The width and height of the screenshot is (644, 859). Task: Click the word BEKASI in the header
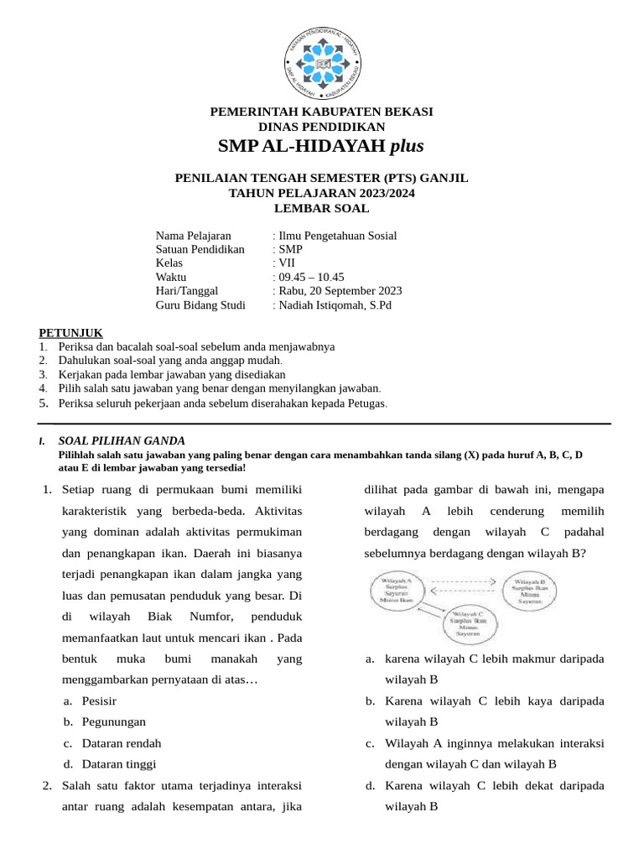point(405,112)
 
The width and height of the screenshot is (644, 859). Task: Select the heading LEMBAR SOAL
point(321,207)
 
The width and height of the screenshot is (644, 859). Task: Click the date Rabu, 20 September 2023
point(339,291)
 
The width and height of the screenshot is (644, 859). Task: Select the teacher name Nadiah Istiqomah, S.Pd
point(334,305)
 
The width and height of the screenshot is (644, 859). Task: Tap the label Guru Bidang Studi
point(201,305)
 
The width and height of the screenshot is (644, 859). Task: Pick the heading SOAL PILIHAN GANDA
point(122,441)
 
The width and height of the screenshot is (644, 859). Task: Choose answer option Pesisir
point(99,700)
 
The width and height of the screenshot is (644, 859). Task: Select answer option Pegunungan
point(114,721)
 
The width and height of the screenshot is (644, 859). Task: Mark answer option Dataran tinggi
point(119,764)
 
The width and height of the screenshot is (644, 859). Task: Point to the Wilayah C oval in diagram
point(475,622)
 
